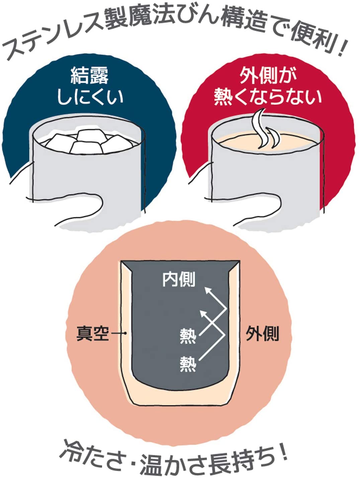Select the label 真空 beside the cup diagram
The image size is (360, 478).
pos(92,333)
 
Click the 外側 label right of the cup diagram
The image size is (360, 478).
pos(262,333)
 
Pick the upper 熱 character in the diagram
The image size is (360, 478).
pos(188,337)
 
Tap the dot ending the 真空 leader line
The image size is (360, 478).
pos(125,333)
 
